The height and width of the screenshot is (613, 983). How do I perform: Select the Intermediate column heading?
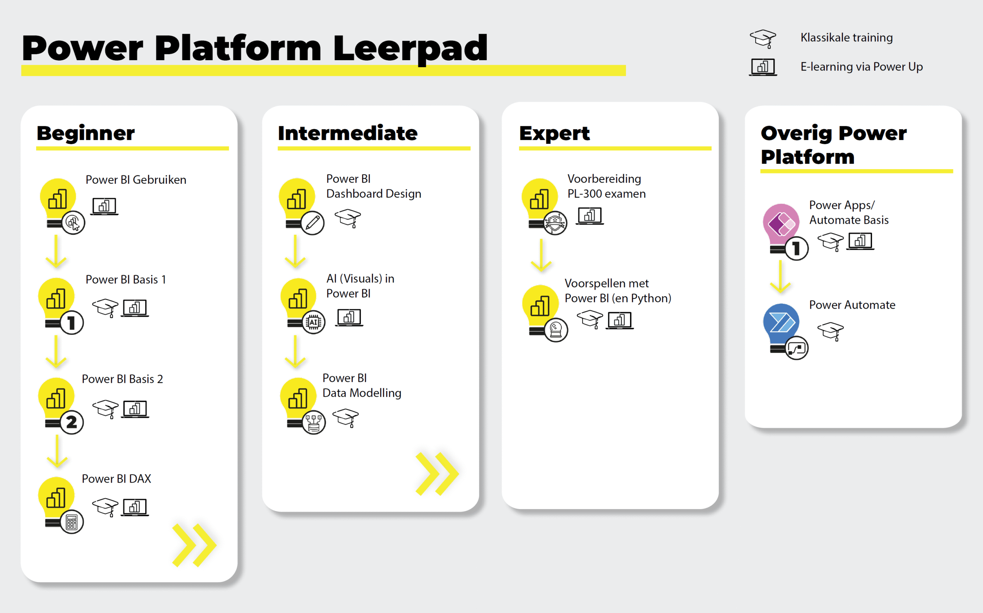point(348,133)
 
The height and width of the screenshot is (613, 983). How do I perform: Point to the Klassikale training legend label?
point(847,38)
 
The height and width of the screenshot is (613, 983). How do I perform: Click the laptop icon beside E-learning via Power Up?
point(763,67)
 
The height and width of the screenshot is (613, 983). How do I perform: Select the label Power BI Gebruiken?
point(136,180)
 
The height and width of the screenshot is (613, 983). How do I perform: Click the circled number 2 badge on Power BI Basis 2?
point(72,422)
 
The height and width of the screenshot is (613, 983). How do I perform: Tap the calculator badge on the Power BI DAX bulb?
point(72,522)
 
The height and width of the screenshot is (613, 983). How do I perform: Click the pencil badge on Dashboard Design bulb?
point(313,222)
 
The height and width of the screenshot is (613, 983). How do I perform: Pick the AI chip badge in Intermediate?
point(313,322)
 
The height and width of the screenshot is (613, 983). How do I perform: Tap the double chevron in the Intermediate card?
point(437,473)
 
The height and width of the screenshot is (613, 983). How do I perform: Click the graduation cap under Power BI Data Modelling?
point(345,418)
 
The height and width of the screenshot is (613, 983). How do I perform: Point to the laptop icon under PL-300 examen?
point(589,216)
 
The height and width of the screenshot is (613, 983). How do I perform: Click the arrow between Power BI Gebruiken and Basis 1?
point(56,251)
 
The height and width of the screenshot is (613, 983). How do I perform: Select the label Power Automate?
point(852,305)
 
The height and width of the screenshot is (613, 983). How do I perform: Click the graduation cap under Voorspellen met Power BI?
point(589,320)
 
